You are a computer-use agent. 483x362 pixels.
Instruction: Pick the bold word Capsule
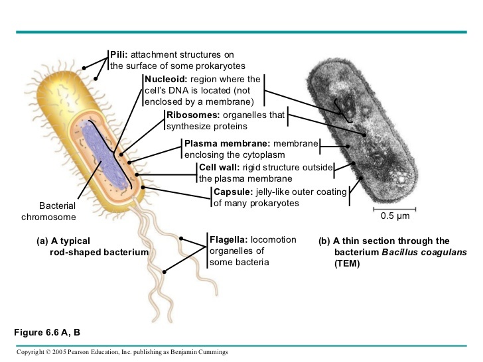[x=230, y=192]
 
